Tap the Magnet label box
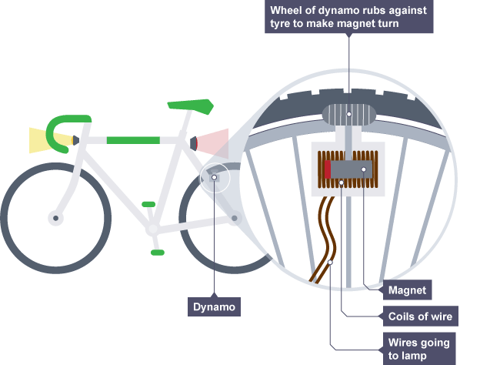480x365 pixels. [407, 291]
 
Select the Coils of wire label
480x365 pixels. [418, 316]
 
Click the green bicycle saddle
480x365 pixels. [191, 105]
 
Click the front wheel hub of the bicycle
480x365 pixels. [55, 218]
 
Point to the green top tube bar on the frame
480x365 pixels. [132, 140]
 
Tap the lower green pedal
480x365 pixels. [158, 252]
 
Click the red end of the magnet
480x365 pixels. [327, 169]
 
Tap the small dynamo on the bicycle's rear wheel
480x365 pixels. [215, 178]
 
